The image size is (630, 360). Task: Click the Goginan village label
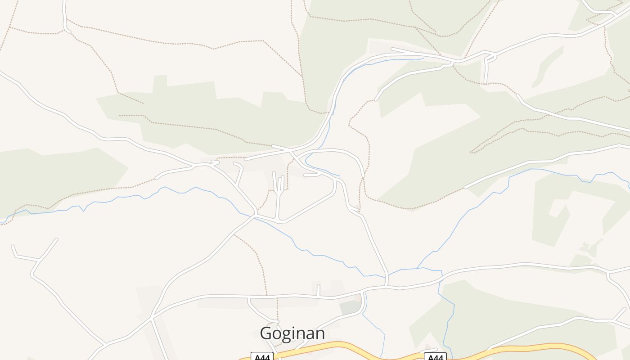point(292,333)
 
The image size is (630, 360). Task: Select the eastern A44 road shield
point(435,357)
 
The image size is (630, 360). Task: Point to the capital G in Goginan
point(266,333)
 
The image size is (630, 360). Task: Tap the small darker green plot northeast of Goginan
point(350,308)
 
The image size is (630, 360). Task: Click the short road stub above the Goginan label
point(319,290)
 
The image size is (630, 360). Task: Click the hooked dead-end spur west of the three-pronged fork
point(239,171)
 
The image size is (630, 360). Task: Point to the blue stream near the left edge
point(27,211)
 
